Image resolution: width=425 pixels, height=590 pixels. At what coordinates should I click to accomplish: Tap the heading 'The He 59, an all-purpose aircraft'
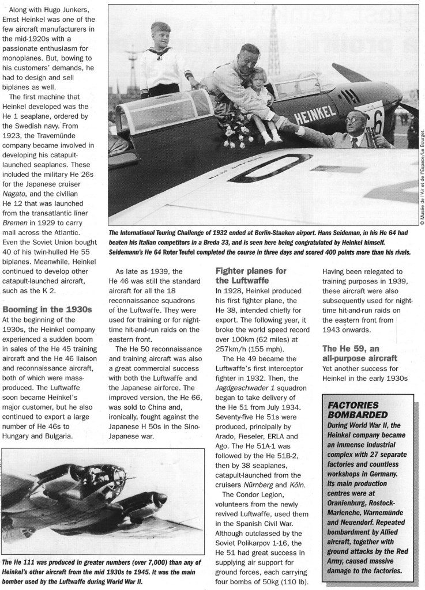360,354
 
